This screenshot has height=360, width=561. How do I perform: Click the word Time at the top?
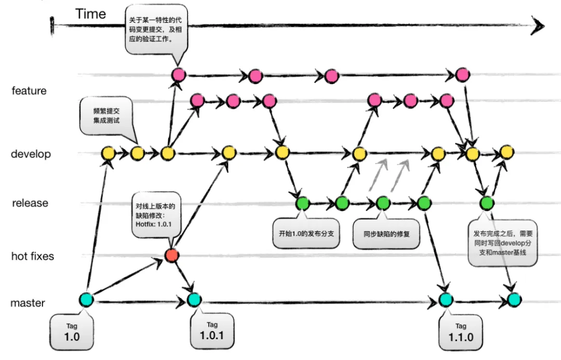tap(90, 14)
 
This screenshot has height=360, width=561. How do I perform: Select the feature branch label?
tap(29, 91)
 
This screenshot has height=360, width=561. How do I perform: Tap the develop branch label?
tap(31, 154)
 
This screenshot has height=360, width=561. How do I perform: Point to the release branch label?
tap(30, 203)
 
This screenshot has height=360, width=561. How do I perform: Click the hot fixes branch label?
tap(33, 256)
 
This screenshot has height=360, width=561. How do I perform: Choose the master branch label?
tap(28, 303)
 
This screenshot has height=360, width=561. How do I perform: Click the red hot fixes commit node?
tap(172, 255)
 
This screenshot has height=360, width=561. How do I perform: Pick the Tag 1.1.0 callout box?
tap(461, 332)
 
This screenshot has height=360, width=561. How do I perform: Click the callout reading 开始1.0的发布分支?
tap(306, 233)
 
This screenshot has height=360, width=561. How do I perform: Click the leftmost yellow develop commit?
tap(108, 153)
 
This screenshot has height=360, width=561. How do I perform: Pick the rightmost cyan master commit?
tap(514, 299)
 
